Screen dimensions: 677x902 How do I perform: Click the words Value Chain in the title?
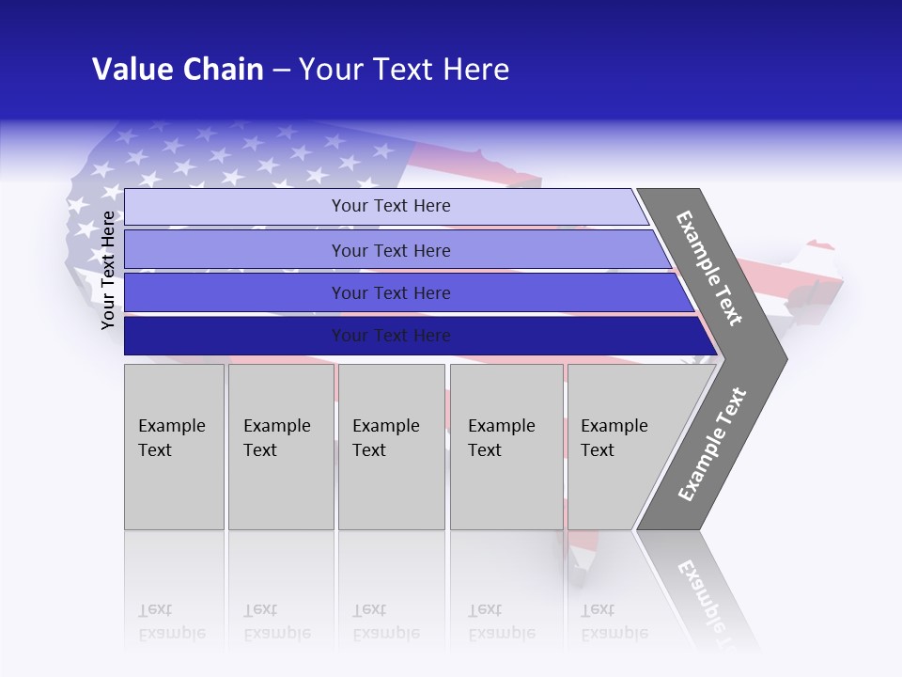pyautogui.click(x=178, y=70)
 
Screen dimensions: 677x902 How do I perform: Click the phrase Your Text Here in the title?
pyautogui.click(x=404, y=70)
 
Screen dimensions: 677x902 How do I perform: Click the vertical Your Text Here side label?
pyautogui.click(x=108, y=270)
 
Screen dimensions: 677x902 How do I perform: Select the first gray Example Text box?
pyautogui.click(x=174, y=447)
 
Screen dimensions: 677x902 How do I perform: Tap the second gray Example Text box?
pyautogui.click(x=280, y=447)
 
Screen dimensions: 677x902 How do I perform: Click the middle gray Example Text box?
pyautogui.click(x=391, y=447)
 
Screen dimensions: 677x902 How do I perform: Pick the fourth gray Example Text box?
pyautogui.click(x=506, y=447)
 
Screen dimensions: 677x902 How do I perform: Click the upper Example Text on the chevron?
pyautogui.click(x=709, y=268)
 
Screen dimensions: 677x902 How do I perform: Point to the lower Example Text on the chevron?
pyautogui.click(x=711, y=445)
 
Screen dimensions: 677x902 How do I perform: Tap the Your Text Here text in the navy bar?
pyautogui.click(x=391, y=336)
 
